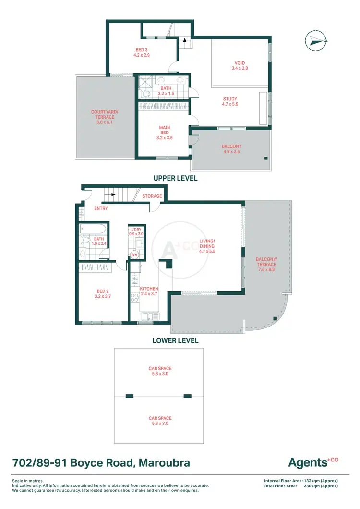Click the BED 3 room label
point(142,52)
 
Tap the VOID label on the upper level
point(240,66)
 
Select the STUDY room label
point(230,101)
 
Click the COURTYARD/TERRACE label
point(103,117)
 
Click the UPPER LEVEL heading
point(175,178)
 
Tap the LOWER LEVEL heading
point(175,340)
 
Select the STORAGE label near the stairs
point(152,196)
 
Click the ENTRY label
point(101,208)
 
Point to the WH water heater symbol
point(134,255)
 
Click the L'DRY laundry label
point(137,231)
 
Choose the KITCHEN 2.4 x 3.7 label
point(149,291)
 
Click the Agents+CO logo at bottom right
point(313,462)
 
